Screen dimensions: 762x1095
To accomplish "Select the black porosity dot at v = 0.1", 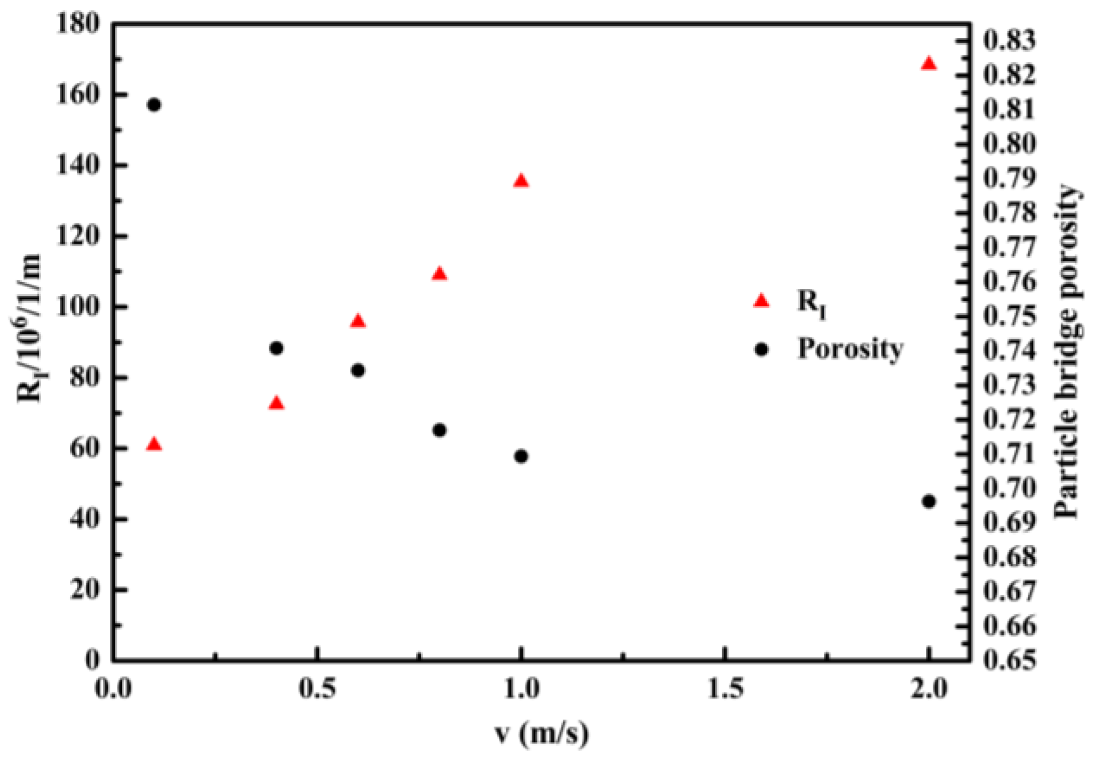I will (154, 105).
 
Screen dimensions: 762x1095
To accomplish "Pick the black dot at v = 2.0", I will (929, 501).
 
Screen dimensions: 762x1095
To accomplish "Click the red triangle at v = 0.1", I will (154, 444).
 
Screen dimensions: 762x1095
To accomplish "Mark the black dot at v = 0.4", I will (276, 348).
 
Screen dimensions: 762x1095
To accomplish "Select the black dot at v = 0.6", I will (358, 371).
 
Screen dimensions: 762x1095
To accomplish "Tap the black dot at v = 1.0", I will (521, 456).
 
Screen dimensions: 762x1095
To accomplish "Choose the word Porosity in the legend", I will (850, 349).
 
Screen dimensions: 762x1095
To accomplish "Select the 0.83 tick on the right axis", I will (1009, 40).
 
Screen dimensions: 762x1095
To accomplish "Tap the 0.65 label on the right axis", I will (1009, 660).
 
